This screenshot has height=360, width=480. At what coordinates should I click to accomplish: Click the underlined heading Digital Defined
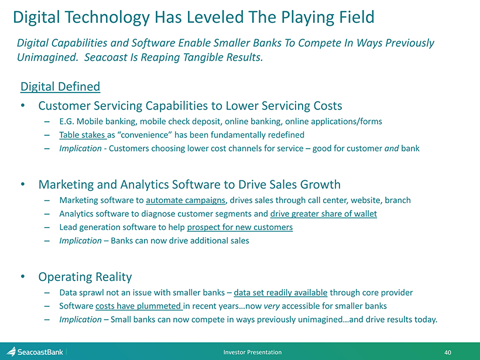tap(60, 87)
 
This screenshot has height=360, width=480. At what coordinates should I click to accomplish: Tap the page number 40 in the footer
tap(448, 352)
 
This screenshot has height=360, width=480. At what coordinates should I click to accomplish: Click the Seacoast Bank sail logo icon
tap(11, 352)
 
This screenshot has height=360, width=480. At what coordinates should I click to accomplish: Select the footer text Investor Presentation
tap(252, 352)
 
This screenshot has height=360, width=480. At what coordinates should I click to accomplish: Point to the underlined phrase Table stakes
tap(82, 135)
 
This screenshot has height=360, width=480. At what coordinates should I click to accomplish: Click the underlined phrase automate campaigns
tap(186, 200)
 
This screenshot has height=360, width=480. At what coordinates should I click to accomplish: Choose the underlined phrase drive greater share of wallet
tap(324, 214)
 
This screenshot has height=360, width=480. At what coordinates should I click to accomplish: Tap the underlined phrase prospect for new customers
tap(239, 227)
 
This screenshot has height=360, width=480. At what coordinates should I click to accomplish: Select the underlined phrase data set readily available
tap(280, 293)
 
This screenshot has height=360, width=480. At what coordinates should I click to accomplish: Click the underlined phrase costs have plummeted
tap(138, 306)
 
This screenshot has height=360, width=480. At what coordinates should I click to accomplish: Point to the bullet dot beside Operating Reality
tap(23, 276)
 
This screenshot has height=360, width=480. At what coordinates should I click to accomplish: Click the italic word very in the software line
tap(272, 306)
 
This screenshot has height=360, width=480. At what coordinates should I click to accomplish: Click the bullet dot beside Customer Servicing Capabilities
tap(23, 105)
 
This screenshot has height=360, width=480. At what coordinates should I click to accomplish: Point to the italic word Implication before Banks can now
tap(80, 241)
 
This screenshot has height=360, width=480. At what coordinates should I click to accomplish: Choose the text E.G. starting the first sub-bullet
tap(66, 122)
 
